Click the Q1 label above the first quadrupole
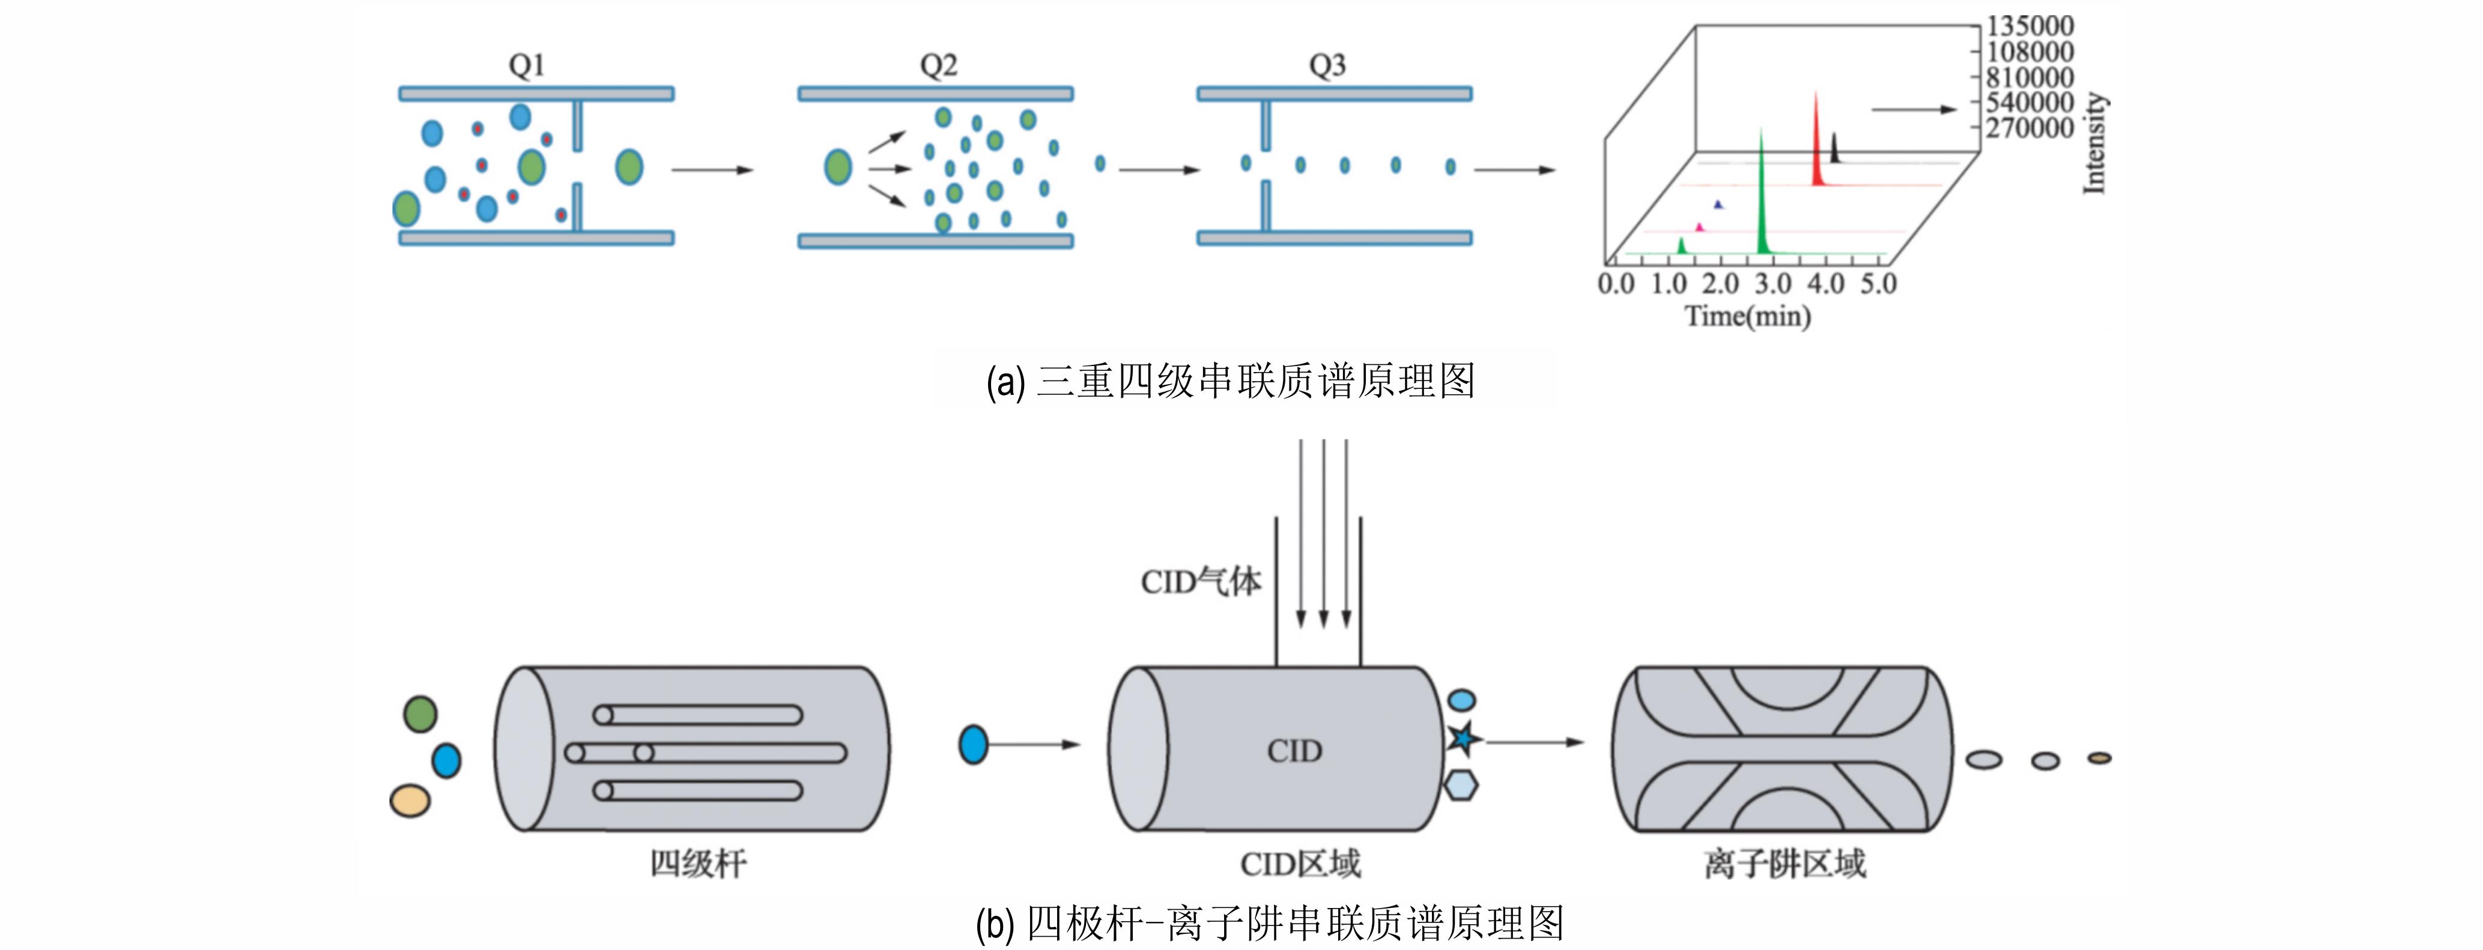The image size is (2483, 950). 526,65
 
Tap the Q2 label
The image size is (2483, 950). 938,65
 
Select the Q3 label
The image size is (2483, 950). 1327,65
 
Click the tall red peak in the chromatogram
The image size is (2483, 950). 1816,140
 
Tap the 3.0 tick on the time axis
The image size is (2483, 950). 1772,284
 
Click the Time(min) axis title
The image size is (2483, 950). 1747,316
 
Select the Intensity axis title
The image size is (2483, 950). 2094,143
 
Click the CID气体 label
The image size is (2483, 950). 1200,581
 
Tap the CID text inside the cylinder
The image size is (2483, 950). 1294,751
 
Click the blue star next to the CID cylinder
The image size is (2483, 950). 1463,739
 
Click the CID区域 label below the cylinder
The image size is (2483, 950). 1300,864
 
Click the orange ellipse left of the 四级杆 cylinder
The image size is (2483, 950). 410,800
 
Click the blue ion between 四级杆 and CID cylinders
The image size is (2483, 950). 974,745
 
